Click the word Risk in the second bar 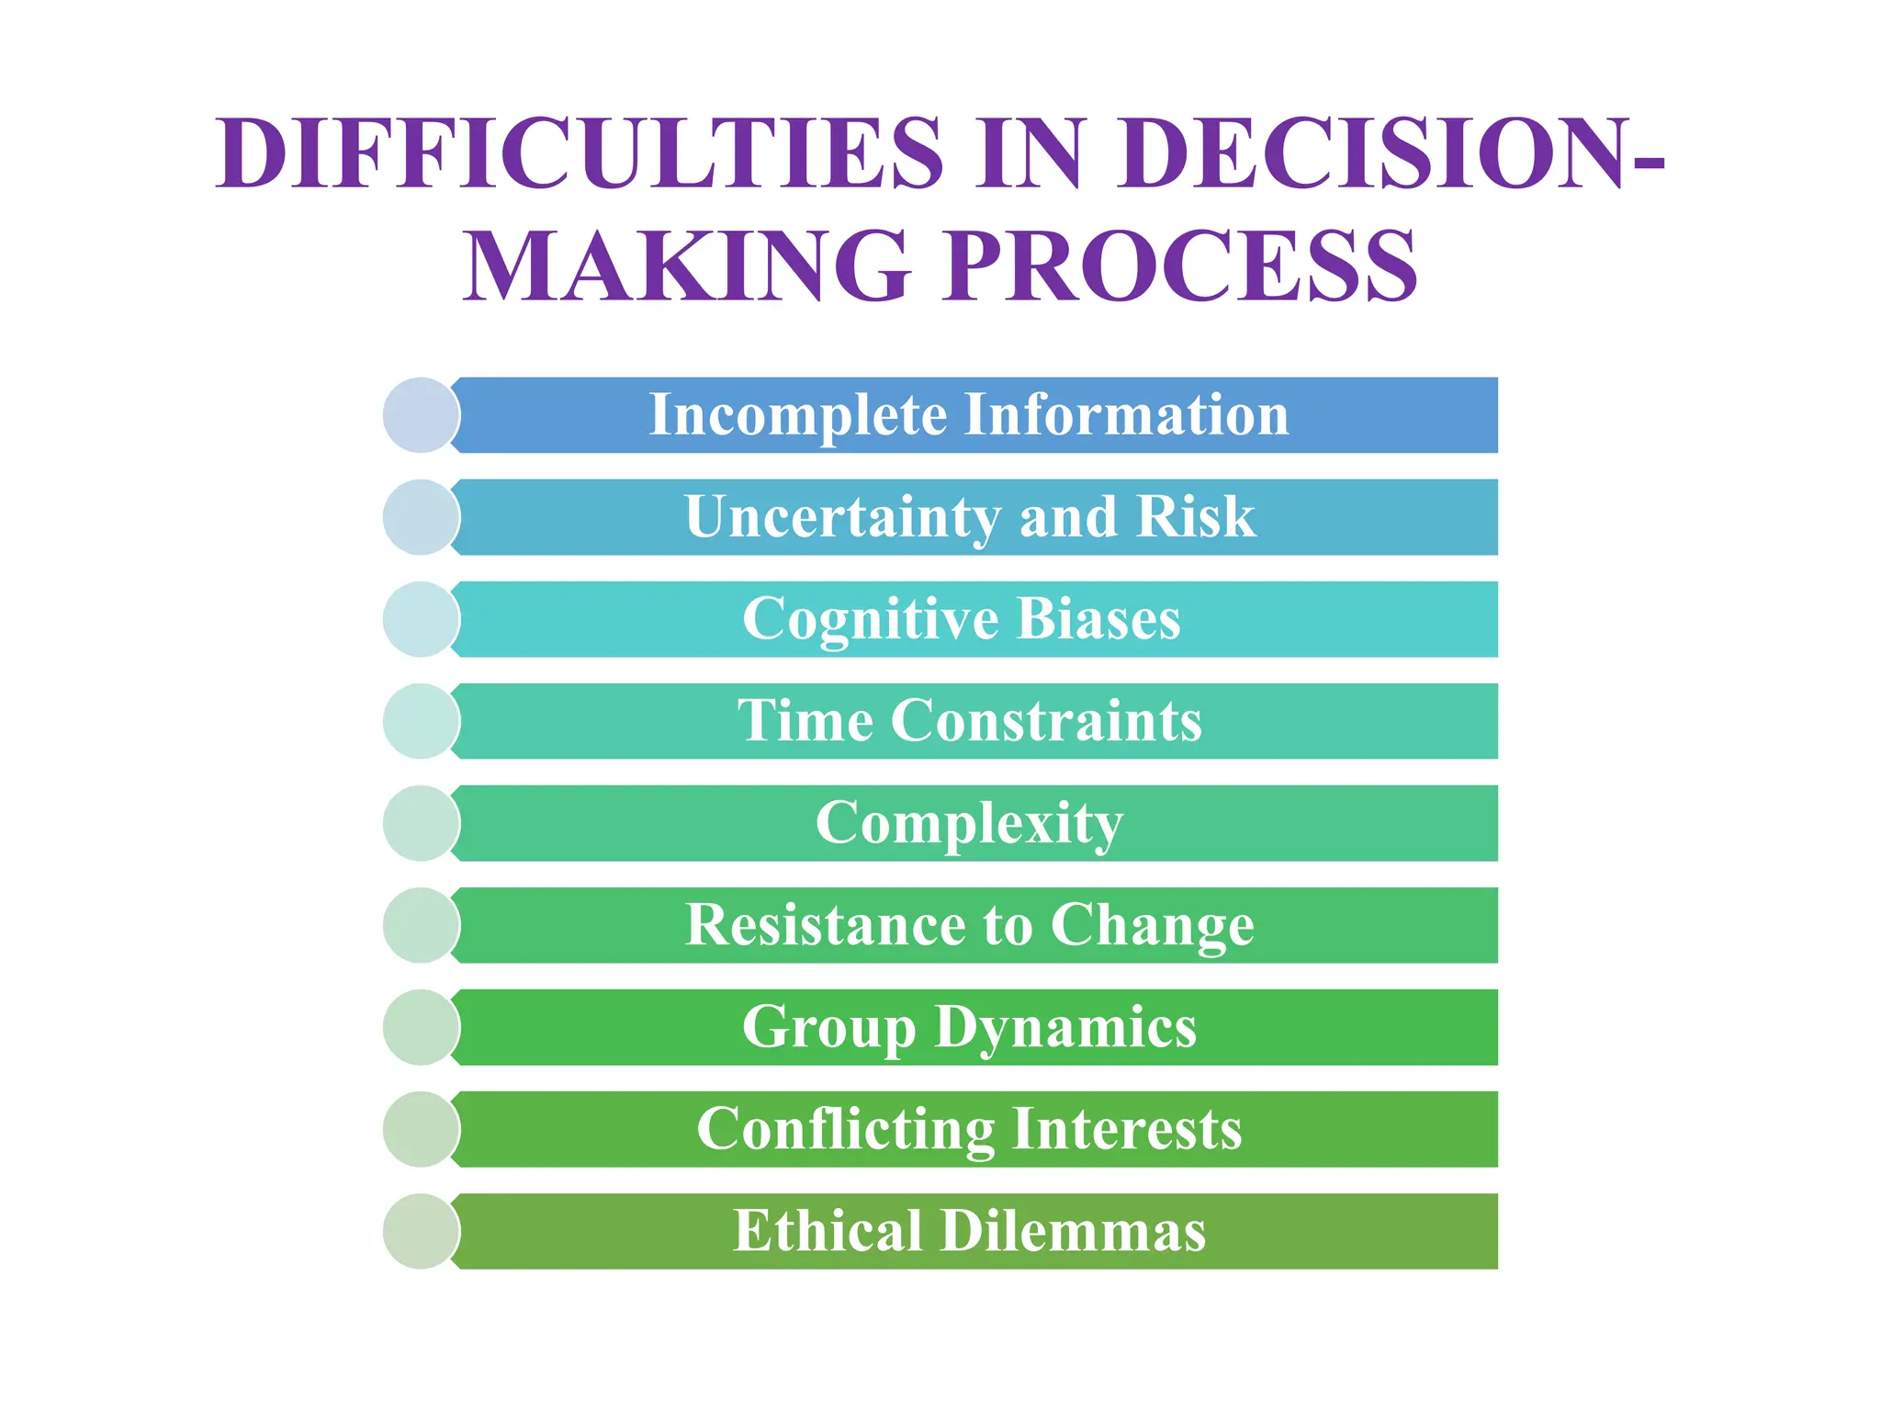(x=1196, y=516)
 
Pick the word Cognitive (x=870, y=619)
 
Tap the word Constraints (x=1046, y=720)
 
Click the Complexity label (x=969, y=823)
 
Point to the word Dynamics (x=1065, y=1027)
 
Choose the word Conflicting (x=845, y=1129)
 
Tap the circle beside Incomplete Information (x=421, y=415)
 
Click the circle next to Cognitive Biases (x=421, y=619)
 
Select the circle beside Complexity (x=421, y=823)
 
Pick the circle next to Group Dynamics (x=421, y=1027)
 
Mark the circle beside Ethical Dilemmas (x=421, y=1231)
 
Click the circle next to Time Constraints (x=421, y=721)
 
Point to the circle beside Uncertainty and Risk (x=421, y=517)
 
